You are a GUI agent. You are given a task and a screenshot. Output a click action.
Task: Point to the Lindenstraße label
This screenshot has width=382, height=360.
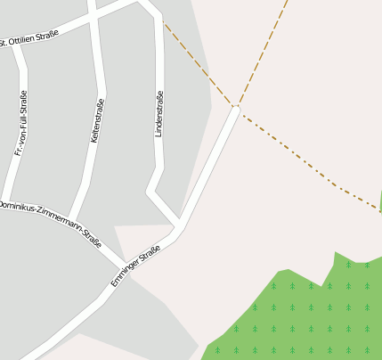pos(159,113)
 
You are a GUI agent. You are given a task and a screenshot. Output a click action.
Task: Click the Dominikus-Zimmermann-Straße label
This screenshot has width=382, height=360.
pos(51,220)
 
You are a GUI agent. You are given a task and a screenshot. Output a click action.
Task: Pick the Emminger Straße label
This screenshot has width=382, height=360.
pos(135,265)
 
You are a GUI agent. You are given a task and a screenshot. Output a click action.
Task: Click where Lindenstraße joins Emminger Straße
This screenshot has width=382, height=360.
pos(178,222)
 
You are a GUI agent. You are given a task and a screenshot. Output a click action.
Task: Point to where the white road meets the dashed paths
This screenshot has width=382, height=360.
pos(236,107)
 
